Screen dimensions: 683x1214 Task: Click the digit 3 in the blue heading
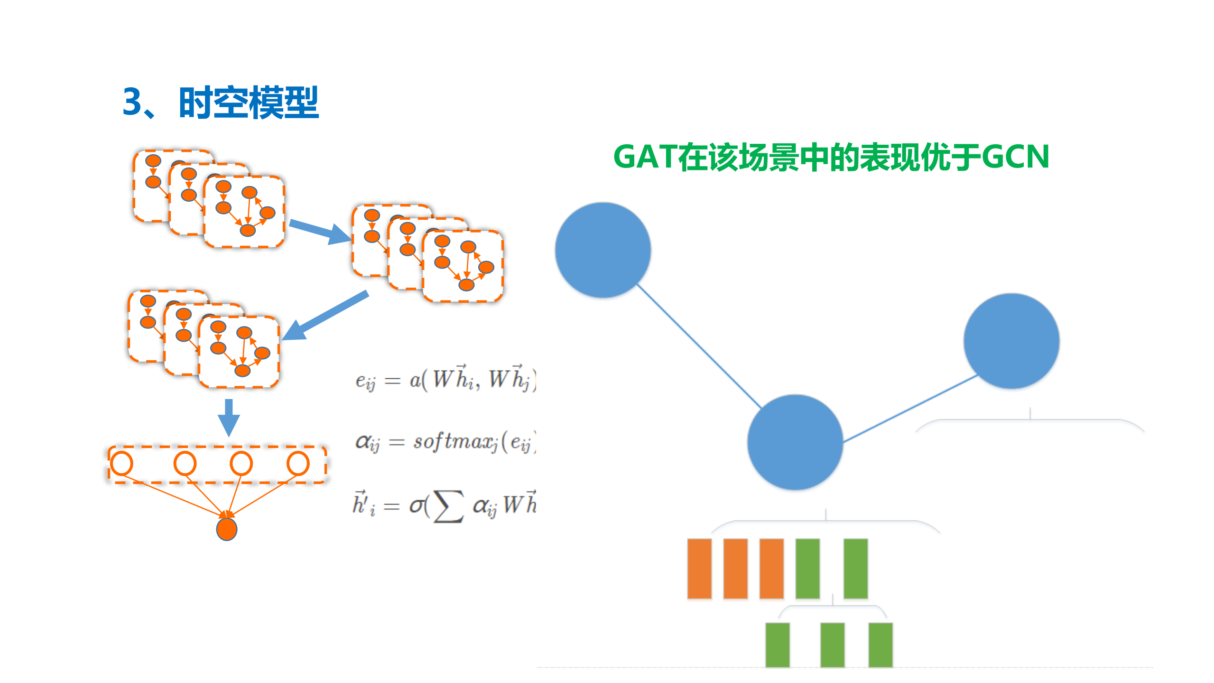pyautogui.click(x=132, y=102)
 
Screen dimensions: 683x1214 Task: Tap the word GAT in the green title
pyautogui.click(x=645, y=157)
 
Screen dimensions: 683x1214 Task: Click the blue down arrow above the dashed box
pyautogui.click(x=229, y=417)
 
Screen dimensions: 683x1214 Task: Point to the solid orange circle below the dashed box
pyautogui.click(x=227, y=529)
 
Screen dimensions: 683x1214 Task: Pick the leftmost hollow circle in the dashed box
pyautogui.click(x=122, y=464)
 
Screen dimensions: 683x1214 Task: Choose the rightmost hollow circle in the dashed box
pyautogui.click(x=298, y=464)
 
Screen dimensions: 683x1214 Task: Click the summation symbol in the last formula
pyautogui.click(x=448, y=506)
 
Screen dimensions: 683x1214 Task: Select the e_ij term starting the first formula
pyautogui.click(x=365, y=381)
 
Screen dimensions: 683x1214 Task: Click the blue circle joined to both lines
pyautogui.click(x=795, y=442)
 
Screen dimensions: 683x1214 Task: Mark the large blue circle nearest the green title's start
pyautogui.click(x=603, y=250)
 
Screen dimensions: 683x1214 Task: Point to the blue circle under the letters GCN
pyautogui.click(x=1011, y=341)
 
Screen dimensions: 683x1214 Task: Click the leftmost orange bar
pyautogui.click(x=699, y=568)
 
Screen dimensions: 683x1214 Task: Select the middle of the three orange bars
pyautogui.click(x=735, y=568)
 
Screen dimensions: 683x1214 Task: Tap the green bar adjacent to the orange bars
pyautogui.click(x=807, y=568)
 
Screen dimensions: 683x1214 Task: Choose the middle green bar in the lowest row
pyautogui.click(x=832, y=645)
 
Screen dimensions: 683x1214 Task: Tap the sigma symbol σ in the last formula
pyautogui.click(x=417, y=506)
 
